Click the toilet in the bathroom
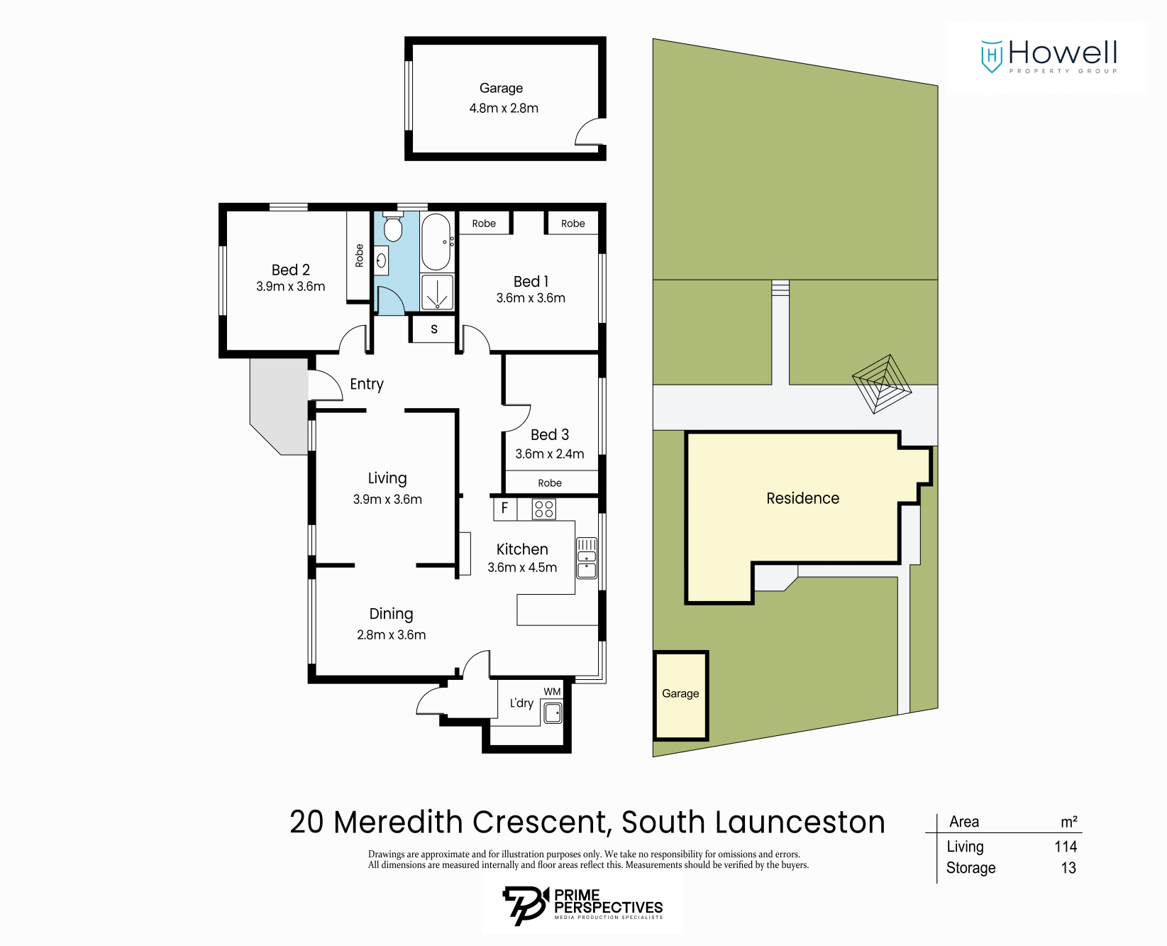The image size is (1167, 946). coord(392,227)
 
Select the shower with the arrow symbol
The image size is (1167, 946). coord(437,292)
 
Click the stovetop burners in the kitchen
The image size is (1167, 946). coord(544,509)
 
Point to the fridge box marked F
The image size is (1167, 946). coord(504,508)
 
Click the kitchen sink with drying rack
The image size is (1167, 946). coord(587,558)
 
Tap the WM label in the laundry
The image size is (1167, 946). coord(552,692)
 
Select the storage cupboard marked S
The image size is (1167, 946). coord(434,329)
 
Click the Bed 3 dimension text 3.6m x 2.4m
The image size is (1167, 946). coord(550,454)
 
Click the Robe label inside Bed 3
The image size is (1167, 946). coord(550,483)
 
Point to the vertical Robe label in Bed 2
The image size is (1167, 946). coord(359,255)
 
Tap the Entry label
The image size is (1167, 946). coord(367,384)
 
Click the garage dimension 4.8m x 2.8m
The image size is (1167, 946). coord(504,109)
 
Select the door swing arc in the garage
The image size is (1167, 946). coord(588,133)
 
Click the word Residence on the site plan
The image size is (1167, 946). coord(802,498)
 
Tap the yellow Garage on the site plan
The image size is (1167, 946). coord(680,694)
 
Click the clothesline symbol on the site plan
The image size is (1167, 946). coord(881,384)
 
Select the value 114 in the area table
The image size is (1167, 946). coord(1066,847)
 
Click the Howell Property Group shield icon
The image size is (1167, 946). coord(991,56)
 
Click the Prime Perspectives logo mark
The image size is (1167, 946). coord(526,906)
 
